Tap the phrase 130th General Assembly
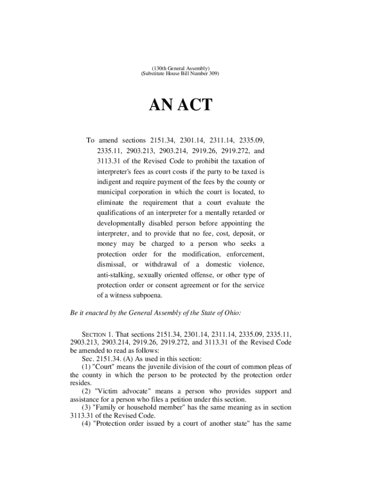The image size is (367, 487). [180, 69]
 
